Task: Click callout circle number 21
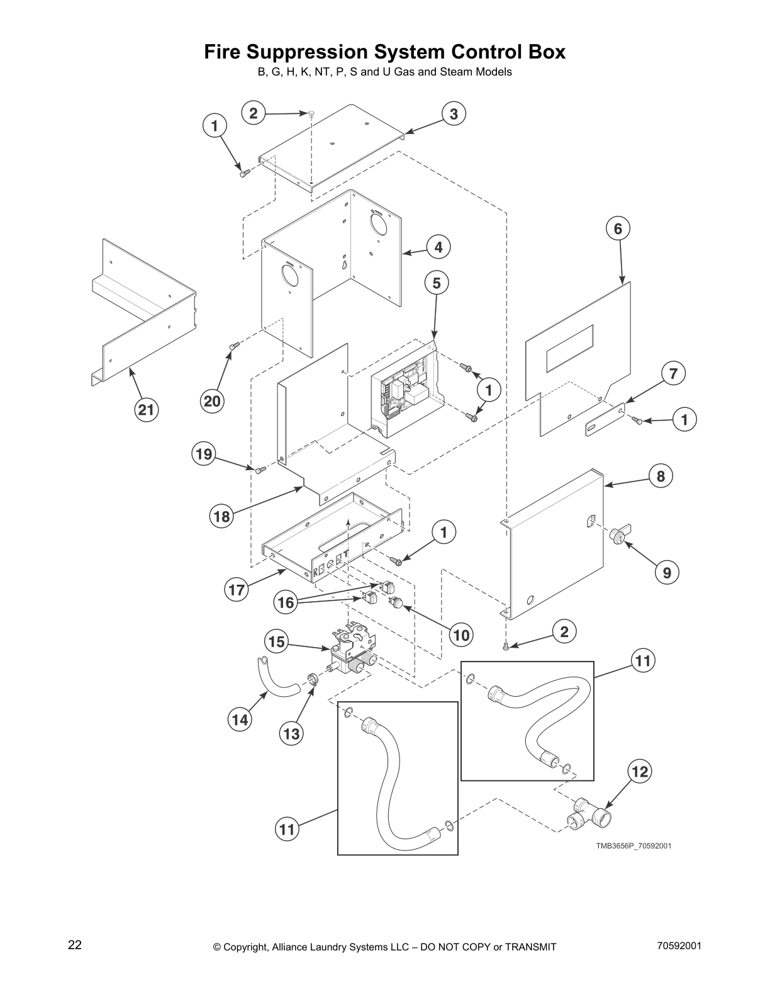click(x=146, y=410)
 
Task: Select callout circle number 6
click(x=618, y=228)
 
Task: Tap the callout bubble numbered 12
click(x=640, y=772)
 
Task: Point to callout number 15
click(x=276, y=642)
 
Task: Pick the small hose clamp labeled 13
click(x=311, y=679)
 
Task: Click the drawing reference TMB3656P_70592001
click(x=633, y=846)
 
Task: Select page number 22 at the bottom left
click(x=75, y=945)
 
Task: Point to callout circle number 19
click(x=204, y=454)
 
